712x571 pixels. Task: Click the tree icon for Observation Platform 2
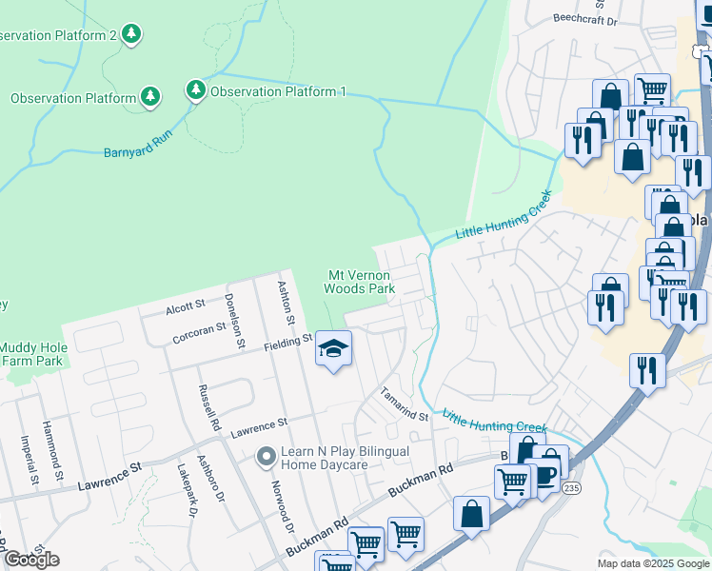[x=131, y=35]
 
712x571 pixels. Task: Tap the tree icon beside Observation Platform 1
[x=196, y=91]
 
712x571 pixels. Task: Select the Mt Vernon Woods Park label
[x=359, y=281]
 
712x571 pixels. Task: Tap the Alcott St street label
[x=185, y=305]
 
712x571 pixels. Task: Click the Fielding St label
[x=287, y=340]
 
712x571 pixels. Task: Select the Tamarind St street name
[x=405, y=404]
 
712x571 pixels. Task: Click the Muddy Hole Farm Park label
[x=31, y=354]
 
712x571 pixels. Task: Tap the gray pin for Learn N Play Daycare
[x=265, y=459]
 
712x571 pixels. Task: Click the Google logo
[x=30, y=559]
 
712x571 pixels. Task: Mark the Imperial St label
[x=26, y=457]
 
